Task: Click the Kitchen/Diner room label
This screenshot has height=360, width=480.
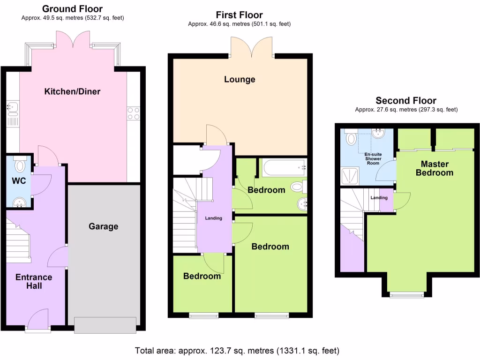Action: point(72,91)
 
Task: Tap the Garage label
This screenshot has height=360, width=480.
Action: point(104,226)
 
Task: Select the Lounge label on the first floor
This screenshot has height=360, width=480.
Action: point(240,79)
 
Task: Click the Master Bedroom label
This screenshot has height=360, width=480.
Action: point(435,168)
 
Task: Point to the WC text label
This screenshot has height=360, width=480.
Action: point(18,181)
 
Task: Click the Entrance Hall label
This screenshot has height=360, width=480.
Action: point(34,281)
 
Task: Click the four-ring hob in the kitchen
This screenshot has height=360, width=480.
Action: point(133,112)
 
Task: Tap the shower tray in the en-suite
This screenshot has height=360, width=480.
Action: point(352,176)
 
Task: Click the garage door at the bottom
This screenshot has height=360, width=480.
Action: point(105,324)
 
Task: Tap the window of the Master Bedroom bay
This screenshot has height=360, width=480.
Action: point(406,295)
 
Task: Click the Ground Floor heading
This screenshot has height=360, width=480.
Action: point(72,9)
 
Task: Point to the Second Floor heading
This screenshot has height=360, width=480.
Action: point(406,101)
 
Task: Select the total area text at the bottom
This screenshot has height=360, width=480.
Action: point(237,351)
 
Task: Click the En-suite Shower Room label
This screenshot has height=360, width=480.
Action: point(374,159)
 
